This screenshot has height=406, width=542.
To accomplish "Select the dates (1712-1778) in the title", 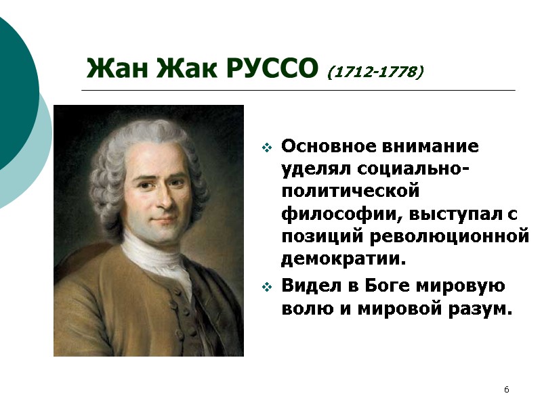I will pos(375,71).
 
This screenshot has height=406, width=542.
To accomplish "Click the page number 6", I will pos(506,390).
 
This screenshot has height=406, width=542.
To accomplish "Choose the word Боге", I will pos(387,286).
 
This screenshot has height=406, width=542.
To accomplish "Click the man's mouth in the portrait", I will pos(162,223).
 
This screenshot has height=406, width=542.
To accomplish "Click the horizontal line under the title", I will pos(298,90).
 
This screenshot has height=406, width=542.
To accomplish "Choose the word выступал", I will pos(450,215).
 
